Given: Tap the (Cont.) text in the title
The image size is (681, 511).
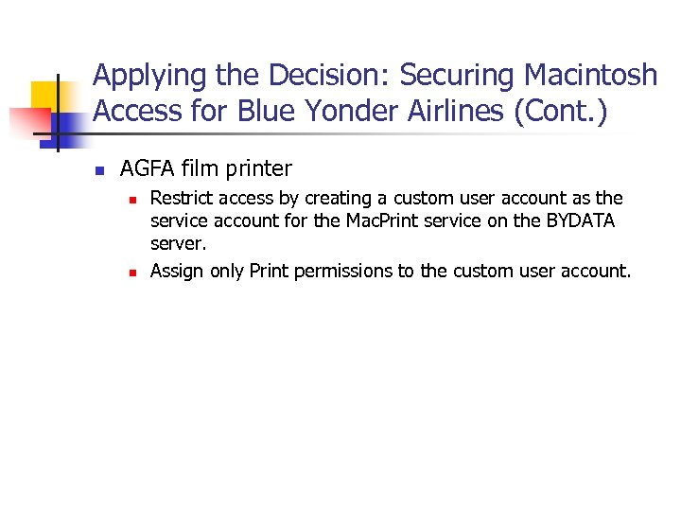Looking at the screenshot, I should [x=562, y=112].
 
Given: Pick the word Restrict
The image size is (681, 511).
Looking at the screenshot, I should [x=183, y=198].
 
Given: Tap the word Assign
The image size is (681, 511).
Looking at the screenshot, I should [x=177, y=271].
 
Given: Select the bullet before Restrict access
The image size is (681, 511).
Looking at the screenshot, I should [x=133, y=199].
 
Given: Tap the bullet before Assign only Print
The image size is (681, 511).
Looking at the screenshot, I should [x=133, y=272].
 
